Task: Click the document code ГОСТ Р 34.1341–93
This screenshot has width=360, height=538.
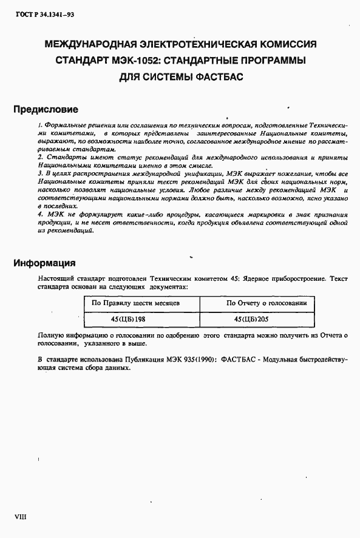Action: pos(36,12)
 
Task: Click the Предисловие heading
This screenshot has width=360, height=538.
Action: pos(46,110)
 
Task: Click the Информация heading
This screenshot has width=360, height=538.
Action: pos(45,263)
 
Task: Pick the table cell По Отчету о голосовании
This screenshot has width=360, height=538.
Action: pos(267,303)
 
